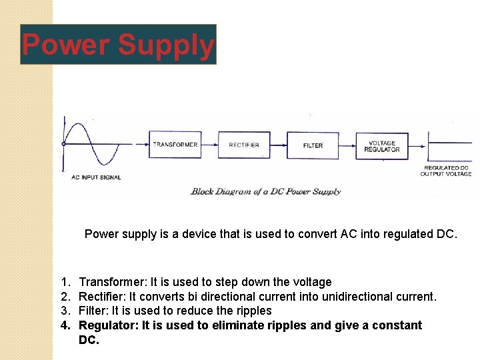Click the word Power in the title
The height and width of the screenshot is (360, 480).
(66, 45)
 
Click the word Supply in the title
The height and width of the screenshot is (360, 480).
(166, 45)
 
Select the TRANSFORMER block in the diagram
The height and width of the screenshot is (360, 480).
(175, 145)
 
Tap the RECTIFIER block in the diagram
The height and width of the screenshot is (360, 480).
(244, 145)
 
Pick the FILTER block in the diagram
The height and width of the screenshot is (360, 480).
(313, 145)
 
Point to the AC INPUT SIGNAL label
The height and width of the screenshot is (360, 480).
(96, 177)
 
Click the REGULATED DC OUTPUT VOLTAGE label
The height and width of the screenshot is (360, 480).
(446, 171)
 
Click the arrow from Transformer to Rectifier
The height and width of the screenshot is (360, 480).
(210, 144)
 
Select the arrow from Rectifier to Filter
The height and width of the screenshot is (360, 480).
(279, 144)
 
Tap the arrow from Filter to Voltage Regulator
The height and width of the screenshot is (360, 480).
(347, 144)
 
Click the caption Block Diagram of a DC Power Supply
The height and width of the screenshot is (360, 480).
(265, 191)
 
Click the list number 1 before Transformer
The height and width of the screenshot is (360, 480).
(64, 282)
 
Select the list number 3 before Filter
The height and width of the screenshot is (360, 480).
(64, 311)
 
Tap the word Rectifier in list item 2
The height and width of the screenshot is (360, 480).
(101, 296)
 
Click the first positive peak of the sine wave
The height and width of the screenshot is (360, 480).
(79, 125)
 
